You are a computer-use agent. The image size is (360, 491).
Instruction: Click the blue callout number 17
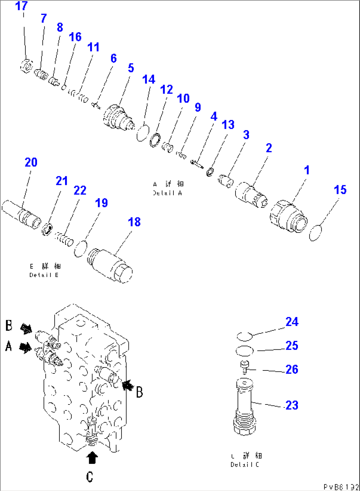coord(21,6)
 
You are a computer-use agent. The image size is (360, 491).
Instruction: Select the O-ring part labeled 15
coord(315,232)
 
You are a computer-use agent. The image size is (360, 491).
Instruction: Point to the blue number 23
coord(292,405)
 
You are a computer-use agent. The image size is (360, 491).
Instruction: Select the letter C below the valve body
coord(90,477)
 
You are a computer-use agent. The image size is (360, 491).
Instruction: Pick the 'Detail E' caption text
coord(44,275)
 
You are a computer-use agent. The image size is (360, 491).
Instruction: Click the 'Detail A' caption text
coord(167,193)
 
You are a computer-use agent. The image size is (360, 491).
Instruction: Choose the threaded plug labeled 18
coord(110,265)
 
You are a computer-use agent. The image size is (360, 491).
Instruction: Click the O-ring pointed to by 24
coord(245,336)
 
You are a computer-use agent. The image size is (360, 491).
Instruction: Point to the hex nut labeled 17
coord(26,65)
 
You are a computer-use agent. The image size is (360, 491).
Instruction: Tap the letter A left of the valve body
coord(9,346)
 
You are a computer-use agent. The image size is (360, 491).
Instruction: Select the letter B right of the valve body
coord(139,392)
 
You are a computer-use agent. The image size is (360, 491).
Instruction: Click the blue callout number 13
coord(228,125)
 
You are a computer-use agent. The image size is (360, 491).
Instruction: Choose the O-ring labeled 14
coord(143,132)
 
